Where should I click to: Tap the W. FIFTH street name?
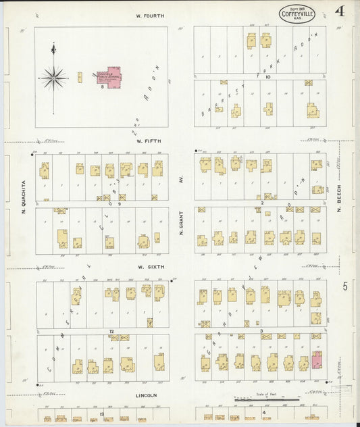[148, 141]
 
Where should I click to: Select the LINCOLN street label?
[147, 395]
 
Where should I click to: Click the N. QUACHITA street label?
[22, 197]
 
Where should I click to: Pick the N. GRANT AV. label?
[182, 217]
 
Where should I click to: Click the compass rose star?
[53, 78]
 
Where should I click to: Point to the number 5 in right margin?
[344, 286]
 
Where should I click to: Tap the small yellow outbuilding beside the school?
[79, 78]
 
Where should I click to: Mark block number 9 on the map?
[119, 203]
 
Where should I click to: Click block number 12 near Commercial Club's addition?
[110, 331]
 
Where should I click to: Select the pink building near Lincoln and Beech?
[317, 360]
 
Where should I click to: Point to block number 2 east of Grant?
[261, 202]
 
